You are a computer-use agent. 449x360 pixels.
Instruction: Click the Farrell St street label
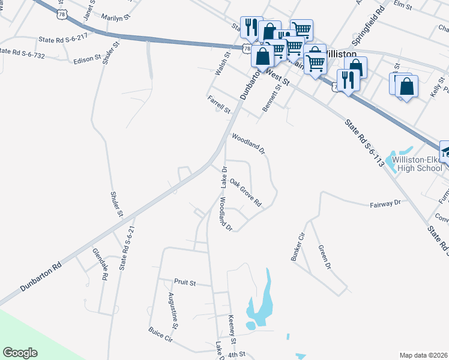pos(219,104)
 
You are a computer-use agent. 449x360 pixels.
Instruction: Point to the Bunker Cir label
pos(298,246)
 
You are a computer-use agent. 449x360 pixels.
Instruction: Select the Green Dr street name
pos(324,256)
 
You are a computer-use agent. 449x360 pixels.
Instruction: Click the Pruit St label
pos(185,281)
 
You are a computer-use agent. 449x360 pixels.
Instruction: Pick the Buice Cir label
pos(160,335)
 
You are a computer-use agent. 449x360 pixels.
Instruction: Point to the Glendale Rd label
pos(100,265)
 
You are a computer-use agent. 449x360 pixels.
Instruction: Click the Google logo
pos(20,353)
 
